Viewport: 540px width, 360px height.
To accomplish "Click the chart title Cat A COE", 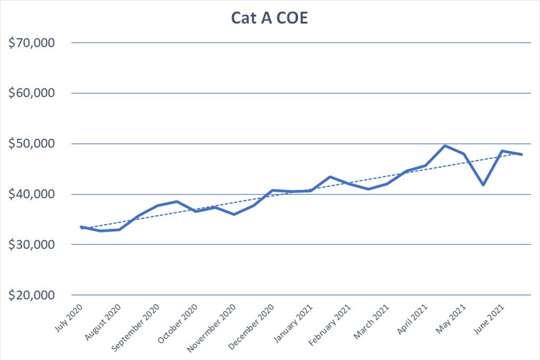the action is (x=269, y=18).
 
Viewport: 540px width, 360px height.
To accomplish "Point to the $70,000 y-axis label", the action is (x=32, y=43).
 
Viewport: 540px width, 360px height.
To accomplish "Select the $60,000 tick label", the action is (x=32, y=93).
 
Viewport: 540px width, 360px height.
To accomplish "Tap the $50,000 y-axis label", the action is (x=32, y=143).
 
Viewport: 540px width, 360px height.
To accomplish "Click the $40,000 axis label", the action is (x=32, y=194).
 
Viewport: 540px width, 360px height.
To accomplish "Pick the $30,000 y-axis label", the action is (x=32, y=245).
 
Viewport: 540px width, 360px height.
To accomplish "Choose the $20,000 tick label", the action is (x=32, y=295).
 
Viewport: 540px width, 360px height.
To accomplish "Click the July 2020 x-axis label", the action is (x=69, y=318).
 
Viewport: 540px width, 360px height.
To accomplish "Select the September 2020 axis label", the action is (x=136, y=328).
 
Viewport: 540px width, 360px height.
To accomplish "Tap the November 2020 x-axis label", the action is (x=211, y=328).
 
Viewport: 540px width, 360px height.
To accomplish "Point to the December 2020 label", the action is (x=251, y=327).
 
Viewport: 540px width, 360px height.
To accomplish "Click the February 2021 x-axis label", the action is (x=329, y=325).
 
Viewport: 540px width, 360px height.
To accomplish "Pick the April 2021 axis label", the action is (x=412, y=319).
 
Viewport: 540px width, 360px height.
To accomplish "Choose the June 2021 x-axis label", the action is (x=489, y=319).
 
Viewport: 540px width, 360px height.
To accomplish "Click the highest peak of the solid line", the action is (x=445, y=145).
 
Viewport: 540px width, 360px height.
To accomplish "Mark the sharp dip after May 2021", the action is (x=484, y=185).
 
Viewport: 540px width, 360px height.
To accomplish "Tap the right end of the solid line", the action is (x=522, y=154).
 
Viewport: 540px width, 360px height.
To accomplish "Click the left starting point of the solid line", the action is (x=81, y=227).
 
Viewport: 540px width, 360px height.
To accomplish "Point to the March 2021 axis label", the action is (x=371, y=322).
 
